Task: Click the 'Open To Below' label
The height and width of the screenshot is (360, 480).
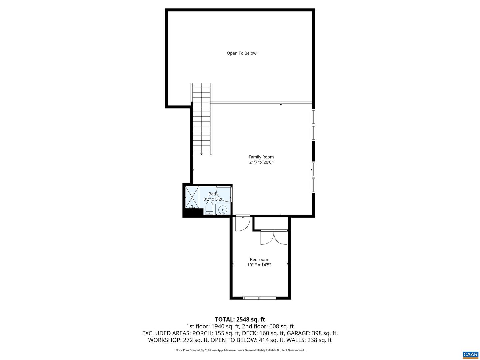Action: coord(241,53)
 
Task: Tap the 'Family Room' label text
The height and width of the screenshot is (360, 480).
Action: coord(261,157)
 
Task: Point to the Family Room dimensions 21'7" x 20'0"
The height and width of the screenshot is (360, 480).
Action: coord(261,163)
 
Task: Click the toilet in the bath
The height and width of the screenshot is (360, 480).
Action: coord(209,208)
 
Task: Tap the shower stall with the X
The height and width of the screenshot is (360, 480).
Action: coord(192,197)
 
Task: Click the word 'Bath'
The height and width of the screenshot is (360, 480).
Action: coord(213,194)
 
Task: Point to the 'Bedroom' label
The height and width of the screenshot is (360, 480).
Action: coord(259,260)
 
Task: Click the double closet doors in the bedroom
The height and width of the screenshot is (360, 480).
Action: coord(274,237)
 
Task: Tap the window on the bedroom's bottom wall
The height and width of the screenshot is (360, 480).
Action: coord(260,298)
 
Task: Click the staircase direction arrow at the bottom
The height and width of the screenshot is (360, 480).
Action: coord(201,154)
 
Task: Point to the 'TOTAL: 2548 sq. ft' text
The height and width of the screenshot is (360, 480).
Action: coord(240,320)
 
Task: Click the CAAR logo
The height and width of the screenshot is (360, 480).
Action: coord(470,354)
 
